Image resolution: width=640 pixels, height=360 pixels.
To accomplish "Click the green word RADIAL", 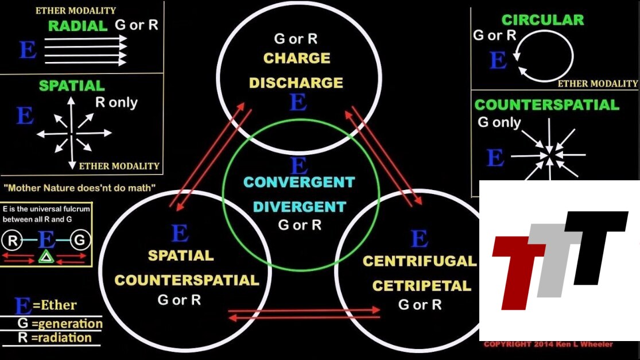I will pyautogui.click(x=77, y=26).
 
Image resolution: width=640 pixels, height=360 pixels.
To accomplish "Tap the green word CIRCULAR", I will pyautogui.click(x=542, y=20).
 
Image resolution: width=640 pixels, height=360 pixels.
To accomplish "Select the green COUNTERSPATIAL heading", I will pyautogui.click(x=546, y=104).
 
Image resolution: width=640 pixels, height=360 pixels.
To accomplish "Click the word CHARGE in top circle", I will pyautogui.click(x=297, y=58).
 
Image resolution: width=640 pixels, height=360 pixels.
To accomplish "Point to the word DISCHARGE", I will pyautogui.click(x=296, y=83).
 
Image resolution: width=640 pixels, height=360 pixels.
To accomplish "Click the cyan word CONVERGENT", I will pyautogui.click(x=299, y=183).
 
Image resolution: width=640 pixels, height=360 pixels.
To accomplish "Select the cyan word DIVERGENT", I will pyautogui.click(x=300, y=207).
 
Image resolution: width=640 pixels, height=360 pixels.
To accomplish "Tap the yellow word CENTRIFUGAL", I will pyautogui.click(x=420, y=261).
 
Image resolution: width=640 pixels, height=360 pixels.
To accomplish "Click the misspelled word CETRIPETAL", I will pyautogui.click(x=421, y=285).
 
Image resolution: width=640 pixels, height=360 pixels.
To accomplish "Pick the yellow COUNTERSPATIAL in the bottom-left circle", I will pyautogui.click(x=187, y=280).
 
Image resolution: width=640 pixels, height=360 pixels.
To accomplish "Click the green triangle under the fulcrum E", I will pyautogui.click(x=45, y=257).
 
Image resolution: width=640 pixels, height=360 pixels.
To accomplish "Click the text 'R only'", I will pyautogui.click(x=116, y=103).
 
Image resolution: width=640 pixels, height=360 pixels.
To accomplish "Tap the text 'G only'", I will pyautogui.click(x=499, y=122).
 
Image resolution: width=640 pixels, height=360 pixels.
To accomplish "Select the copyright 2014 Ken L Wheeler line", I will pyautogui.click(x=548, y=344).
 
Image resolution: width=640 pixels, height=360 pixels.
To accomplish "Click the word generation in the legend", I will pyautogui.click(x=67, y=324).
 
